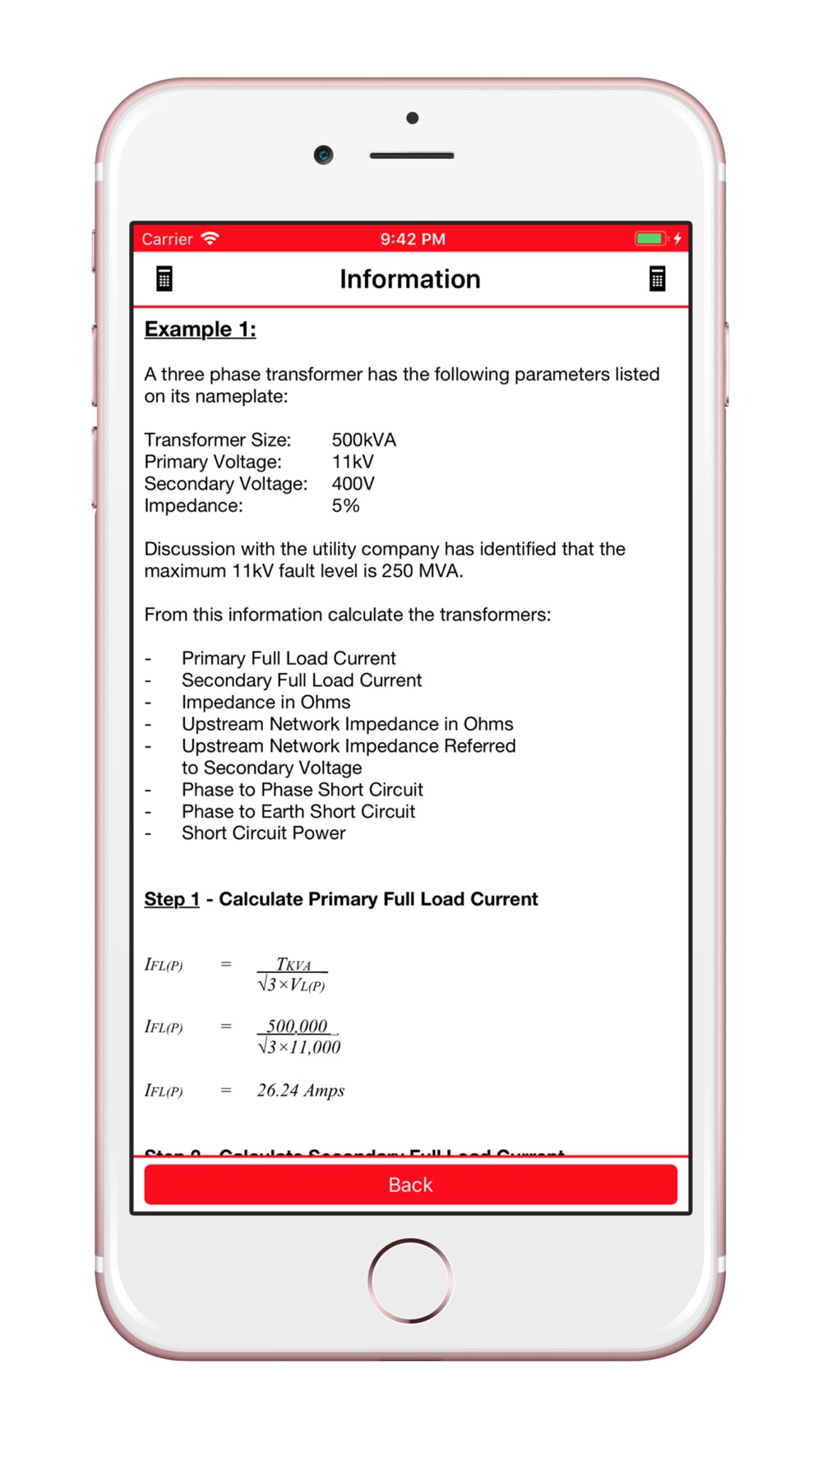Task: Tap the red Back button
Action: tap(410, 1184)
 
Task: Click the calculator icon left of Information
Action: tap(164, 279)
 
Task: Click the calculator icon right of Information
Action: tap(657, 279)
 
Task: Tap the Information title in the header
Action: tap(410, 279)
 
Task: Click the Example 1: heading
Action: tap(200, 330)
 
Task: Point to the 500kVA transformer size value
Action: tap(363, 440)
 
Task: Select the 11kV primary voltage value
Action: tap(353, 462)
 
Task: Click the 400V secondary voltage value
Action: tap(353, 484)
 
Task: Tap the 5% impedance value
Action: tap(345, 505)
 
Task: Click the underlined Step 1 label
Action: tap(171, 899)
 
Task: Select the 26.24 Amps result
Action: tap(300, 1090)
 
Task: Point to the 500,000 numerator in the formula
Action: tap(297, 1025)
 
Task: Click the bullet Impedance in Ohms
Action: tap(266, 703)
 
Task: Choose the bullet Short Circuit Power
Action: tap(263, 833)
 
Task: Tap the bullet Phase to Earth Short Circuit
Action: tap(298, 812)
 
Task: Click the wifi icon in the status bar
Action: tap(210, 238)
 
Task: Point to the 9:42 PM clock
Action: tap(412, 239)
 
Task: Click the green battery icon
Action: tap(649, 238)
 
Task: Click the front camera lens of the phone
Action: tap(323, 154)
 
